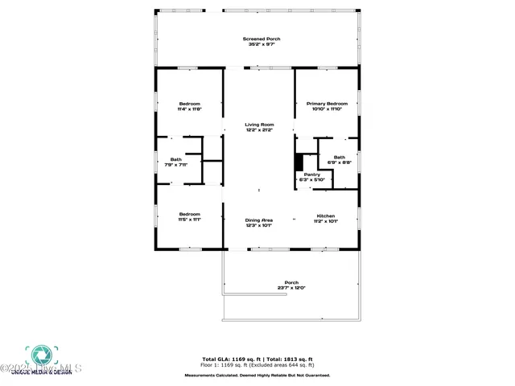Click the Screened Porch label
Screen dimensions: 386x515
pos(262,39)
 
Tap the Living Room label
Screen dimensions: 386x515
pos(259,125)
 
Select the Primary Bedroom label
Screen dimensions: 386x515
pos(327,104)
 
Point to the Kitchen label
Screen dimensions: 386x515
pos(326,216)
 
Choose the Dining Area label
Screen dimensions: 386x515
pos(259,220)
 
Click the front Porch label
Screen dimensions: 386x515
pos(291,282)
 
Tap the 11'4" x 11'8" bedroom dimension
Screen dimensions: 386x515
pos(189,109)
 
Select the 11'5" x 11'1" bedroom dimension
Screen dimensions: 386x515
pos(189,219)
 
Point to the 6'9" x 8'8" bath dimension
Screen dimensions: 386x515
pos(339,162)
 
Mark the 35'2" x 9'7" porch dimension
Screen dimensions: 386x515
pos(262,44)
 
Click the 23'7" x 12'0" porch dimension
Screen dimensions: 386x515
pos(291,288)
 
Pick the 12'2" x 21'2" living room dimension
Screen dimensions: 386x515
pos(259,130)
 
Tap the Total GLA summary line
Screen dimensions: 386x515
pos(257,359)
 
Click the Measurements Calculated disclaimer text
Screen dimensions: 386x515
pos(257,376)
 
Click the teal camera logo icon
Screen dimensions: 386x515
pos(39,355)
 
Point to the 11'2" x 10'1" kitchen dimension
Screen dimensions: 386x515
pos(326,221)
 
